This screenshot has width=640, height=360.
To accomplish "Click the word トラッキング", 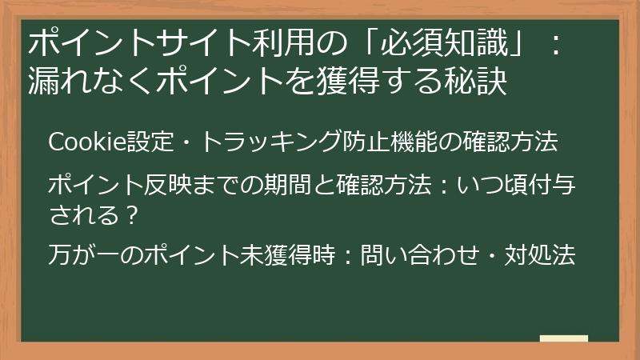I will tap(259, 142).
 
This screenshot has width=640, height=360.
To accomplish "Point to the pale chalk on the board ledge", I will tap(564, 339).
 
